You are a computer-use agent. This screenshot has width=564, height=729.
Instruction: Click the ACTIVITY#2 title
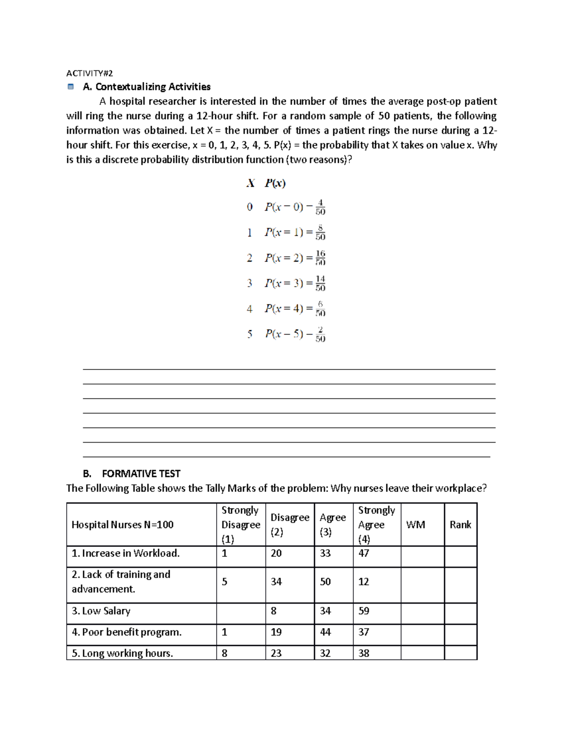[89, 73]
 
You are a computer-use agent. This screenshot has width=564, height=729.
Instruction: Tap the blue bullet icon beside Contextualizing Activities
[70, 87]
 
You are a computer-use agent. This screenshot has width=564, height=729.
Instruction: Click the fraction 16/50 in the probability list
[320, 258]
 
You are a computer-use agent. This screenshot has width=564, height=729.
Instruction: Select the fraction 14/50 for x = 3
[320, 283]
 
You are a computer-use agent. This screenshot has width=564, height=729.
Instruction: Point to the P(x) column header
[275, 183]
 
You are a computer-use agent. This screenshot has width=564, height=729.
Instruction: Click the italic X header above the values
[251, 183]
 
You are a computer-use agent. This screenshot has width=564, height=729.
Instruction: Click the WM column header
[415, 525]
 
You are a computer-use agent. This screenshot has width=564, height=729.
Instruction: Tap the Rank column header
[460, 525]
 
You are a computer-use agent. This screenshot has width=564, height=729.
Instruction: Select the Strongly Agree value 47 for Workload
[364, 553]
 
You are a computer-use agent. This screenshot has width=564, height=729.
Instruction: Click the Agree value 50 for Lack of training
[325, 582]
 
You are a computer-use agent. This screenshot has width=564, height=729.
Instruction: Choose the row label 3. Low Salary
[101, 611]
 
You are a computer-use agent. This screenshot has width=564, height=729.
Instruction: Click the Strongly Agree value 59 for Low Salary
[364, 611]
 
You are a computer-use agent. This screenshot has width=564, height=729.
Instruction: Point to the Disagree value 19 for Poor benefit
[276, 632]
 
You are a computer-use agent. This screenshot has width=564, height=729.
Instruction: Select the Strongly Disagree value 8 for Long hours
[225, 653]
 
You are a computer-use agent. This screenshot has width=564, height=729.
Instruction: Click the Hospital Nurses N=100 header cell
[122, 525]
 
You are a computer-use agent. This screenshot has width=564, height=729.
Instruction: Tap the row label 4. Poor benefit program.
[126, 632]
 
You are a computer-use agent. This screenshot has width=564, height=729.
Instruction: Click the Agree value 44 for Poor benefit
[325, 632]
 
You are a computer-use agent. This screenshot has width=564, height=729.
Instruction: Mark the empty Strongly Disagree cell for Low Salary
[241, 613]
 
